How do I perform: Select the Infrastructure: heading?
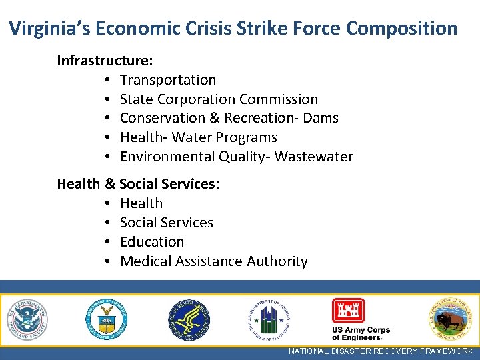[105, 61]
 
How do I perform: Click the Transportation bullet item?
[168, 80]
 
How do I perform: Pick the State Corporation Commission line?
[219, 99]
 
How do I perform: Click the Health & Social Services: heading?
[138, 183]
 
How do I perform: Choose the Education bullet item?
[152, 242]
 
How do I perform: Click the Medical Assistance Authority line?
[213, 261]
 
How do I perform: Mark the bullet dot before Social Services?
[107, 223]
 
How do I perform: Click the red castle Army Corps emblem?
[349, 311]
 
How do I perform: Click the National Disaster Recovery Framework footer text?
[381, 351]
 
